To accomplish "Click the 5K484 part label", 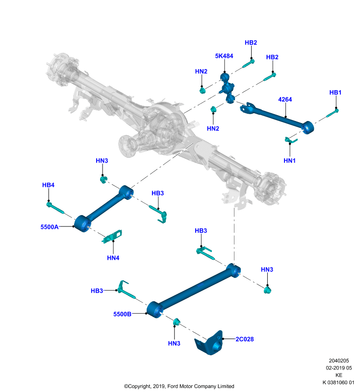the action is [x=224, y=56].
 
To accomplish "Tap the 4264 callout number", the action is [x=285, y=99].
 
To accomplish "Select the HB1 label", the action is [x=335, y=93].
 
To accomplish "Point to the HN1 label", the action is [x=289, y=161].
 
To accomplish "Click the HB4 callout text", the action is [x=48, y=185].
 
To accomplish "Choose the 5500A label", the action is [x=50, y=227].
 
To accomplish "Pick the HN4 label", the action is [x=113, y=258].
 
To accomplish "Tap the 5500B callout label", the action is [x=122, y=314].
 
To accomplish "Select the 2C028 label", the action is [x=245, y=339].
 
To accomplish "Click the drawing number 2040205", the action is [x=339, y=361].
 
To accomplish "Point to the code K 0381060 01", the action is [x=338, y=383].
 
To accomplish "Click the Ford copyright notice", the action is [x=179, y=386].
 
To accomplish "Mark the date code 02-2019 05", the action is [x=339, y=368].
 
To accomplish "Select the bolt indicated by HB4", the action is [x=55, y=208].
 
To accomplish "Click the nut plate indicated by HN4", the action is [x=112, y=237].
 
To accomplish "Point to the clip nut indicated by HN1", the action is [x=291, y=141].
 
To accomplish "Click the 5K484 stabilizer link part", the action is [x=228, y=88].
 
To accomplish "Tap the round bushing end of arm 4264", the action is [x=308, y=127].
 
